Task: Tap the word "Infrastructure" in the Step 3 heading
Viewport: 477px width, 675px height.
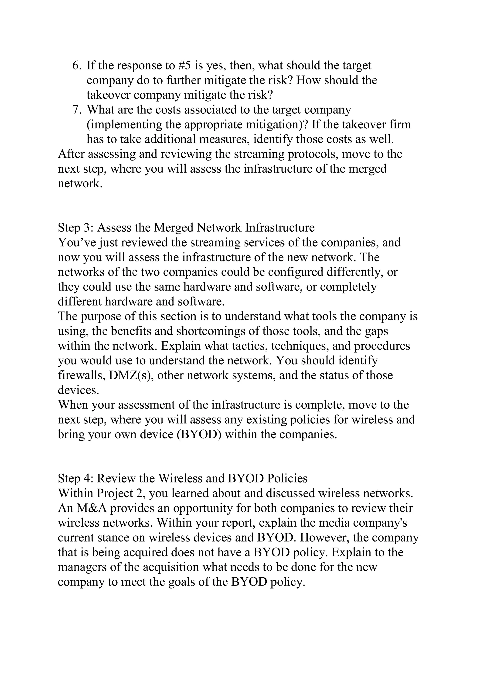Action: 280,228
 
